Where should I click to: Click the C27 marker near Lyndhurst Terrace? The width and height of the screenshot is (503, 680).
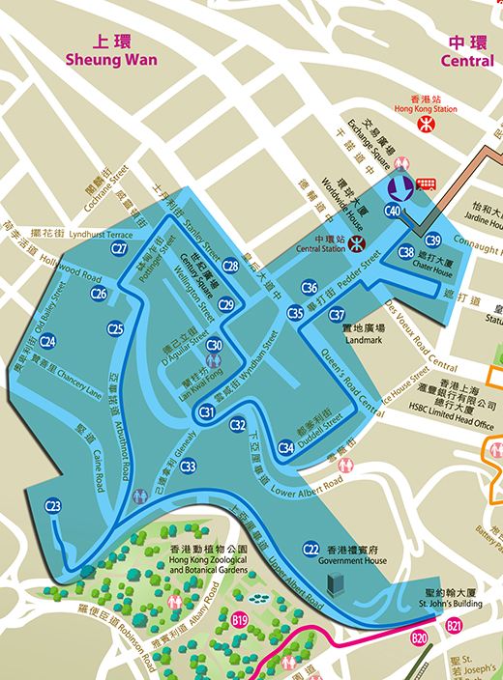[x=119, y=248]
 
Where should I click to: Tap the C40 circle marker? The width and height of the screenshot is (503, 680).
[x=393, y=210]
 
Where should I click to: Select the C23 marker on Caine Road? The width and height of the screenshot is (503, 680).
[x=53, y=506]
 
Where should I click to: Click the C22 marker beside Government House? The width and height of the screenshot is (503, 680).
[x=311, y=549]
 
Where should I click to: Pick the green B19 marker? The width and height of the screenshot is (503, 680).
[x=241, y=618]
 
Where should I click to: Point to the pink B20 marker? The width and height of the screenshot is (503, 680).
[x=419, y=638]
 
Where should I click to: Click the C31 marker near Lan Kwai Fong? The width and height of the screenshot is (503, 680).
[x=206, y=412]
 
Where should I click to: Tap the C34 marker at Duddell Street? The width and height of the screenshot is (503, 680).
[x=285, y=447]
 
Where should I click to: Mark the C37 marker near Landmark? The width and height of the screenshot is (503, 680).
[x=337, y=315]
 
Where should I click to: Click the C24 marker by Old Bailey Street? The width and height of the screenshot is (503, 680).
[x=47, y=341]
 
